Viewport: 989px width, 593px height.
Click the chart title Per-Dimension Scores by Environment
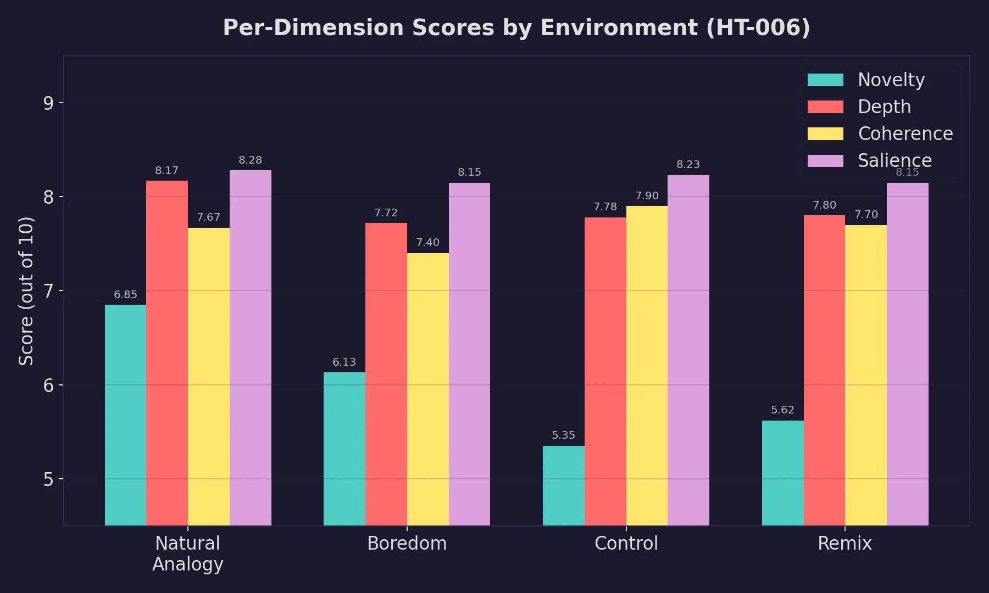(x=516, y=27)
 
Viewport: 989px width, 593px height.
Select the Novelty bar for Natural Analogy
(x=125, y=415)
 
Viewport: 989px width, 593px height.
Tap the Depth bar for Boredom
(x=386, y=373)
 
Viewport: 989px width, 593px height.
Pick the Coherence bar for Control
(x=647, y=365)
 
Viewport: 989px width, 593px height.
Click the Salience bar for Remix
(x=907, y=354)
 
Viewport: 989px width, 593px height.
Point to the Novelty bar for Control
(x=563, y=485)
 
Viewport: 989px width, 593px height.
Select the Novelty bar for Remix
(x=782, y=473)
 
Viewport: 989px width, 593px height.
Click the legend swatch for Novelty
(x=825, y=80)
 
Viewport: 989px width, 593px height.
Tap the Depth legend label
(x=884, y=107)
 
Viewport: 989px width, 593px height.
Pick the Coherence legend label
(x=905, y=133)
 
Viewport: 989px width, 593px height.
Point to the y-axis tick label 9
(x=48, y=103)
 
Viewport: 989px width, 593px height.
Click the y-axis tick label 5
(x=48, y=479)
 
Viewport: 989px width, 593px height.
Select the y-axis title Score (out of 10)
(x=26, y=291)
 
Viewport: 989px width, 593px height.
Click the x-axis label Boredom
(x=407, y=543)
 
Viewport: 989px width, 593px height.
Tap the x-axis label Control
(x=626, y=543)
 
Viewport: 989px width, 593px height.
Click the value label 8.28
(x=250, y=160)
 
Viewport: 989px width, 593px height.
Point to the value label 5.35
(x=563, y=435)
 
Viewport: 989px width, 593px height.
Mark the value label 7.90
(x=647, y=196)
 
